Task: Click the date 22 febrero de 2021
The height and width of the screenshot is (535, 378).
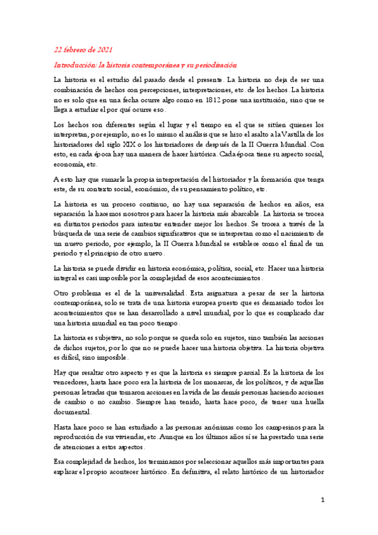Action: tap(83, 50)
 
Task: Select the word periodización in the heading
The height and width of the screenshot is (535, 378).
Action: tap(215, 65)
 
